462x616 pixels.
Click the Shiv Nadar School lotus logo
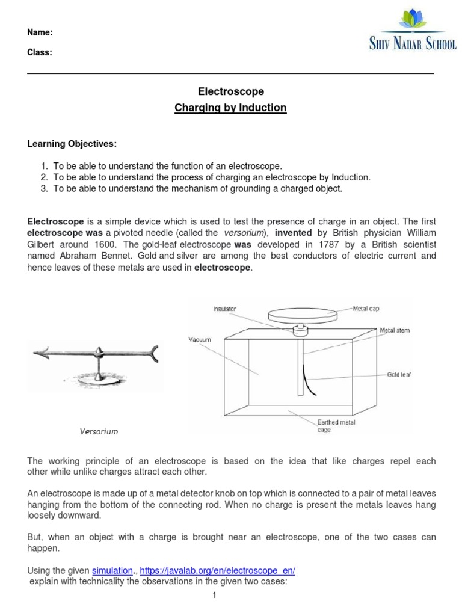coord(413,22)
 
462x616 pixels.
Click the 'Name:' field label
coord(40,32)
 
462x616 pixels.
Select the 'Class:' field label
coord(40,52)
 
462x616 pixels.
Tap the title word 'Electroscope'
coord(231,91)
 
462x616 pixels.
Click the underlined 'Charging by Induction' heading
coord(231,108)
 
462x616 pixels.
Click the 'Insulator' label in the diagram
coord(224,309)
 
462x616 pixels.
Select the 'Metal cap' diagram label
coord(366,308)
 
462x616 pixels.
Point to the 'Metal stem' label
coord(395,330)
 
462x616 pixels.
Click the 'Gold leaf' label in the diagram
coord(399,374)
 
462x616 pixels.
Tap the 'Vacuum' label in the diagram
coord(200,340)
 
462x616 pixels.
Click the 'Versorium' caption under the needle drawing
coord(99,431)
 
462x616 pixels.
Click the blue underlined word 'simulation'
coord(112,570)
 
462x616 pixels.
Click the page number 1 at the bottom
coord(214,595)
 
